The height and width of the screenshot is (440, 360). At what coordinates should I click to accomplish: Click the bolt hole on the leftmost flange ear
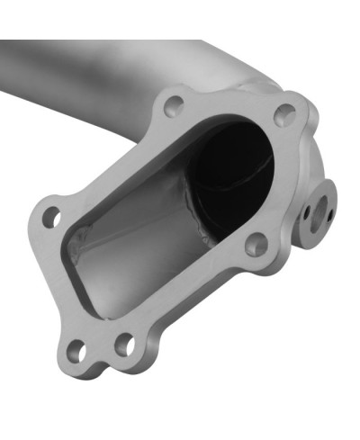[51, 216]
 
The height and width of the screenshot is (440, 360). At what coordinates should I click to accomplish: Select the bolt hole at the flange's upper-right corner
[284, 114]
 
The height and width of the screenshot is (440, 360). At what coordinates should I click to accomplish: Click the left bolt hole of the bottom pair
[78, 352]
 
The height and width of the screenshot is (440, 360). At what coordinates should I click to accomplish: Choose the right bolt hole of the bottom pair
[125, 343]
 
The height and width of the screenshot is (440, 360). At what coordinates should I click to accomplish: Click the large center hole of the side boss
[318, 209]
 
